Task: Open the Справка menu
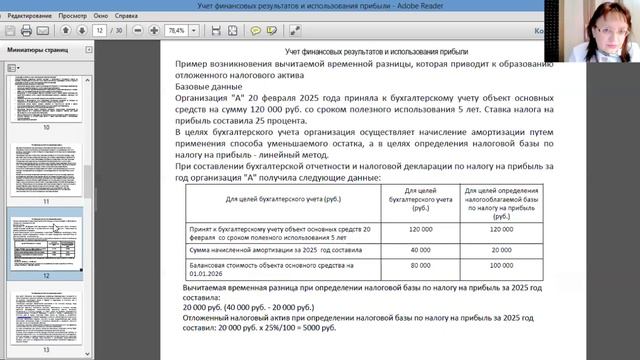point(127,17)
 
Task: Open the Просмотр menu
point(73,17)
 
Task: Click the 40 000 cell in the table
point(419,249)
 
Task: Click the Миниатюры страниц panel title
point(37,48)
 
